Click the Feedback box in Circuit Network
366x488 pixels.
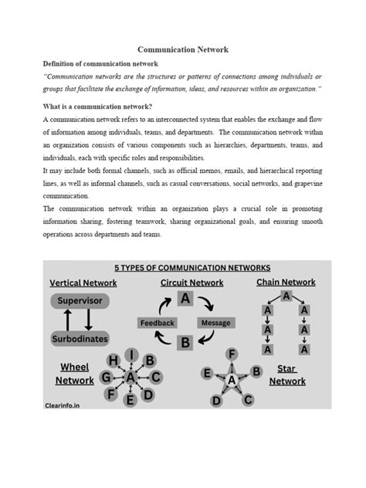(158, 322)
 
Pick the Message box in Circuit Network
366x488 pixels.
(215, 322)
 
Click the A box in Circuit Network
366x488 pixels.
(186, 298)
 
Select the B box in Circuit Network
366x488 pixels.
(186, 342)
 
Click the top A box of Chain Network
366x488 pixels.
(286, 296)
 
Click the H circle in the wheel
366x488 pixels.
(114, 361)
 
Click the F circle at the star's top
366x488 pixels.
(231, 354)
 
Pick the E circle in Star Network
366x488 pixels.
(206, 372)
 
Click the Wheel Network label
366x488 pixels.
(74, 373)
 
